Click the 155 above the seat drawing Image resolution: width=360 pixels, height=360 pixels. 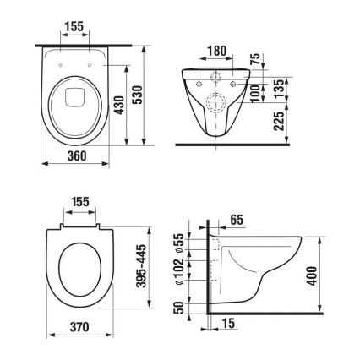pyautogui.click(x=82, y=204)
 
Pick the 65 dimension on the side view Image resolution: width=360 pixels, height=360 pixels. pyautogui.click(x=237, y=220)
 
